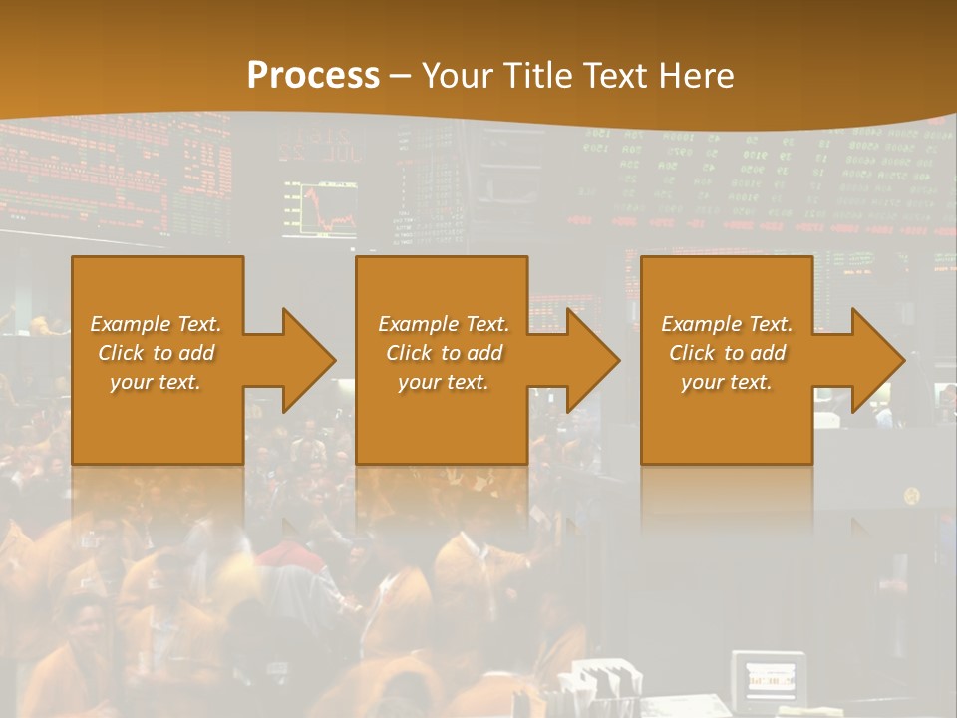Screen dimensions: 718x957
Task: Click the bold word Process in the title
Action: (313, 76)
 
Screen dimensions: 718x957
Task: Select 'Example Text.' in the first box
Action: (156, 324)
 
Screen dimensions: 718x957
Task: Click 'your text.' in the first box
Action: (156, 382)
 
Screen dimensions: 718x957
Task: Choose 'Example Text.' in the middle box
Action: (444, 324)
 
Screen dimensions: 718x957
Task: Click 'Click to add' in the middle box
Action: (444, 353)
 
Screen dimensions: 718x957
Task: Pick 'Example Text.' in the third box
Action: (727, 324)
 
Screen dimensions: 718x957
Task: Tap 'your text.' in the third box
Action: (727, 382)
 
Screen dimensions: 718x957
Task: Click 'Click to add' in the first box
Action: (156, 353)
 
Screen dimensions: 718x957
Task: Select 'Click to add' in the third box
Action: (727, 353)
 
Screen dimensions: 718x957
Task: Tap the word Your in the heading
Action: (456, 76)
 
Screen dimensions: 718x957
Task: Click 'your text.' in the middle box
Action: (444, 382)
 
